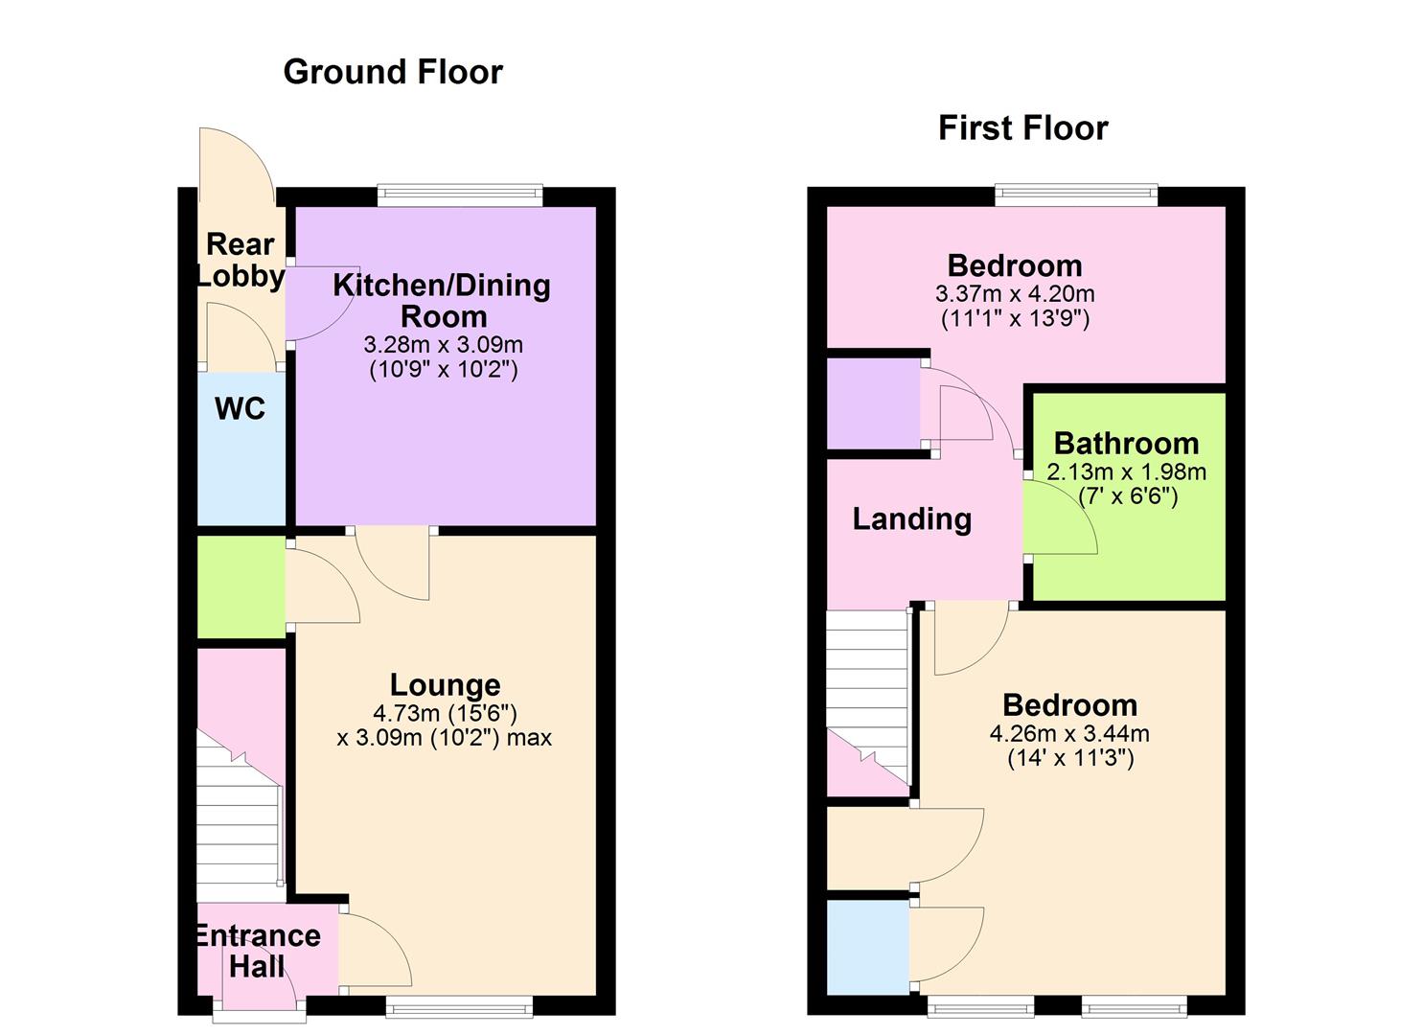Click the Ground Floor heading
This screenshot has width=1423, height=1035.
click(x=393, y=72)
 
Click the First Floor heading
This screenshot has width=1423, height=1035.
click(x=1022, y=127)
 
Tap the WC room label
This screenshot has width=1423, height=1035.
click(x=240, y=409)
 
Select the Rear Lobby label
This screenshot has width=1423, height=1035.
click(x=241, y=260)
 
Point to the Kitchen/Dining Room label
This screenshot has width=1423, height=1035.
click(x=442, y=300)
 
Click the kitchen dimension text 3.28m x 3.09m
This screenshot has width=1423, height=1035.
click(x=443, y=344)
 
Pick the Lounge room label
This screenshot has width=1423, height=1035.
click(x=445, y=684)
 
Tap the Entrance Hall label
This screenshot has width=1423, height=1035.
click(x=258, y=950)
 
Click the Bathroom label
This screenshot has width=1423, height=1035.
click(x=1126, y=443)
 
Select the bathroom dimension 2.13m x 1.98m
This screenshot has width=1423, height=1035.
click(x=1126, y=471)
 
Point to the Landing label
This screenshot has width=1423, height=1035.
click(x=912, y=518)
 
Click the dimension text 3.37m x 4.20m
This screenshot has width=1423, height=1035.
click(x=1014, y=294)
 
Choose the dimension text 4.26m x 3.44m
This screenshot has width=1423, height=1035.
click(x=1069, y=734)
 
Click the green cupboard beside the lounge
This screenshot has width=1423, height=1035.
click(x=241, y=586)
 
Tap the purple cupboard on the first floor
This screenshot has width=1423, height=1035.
click(x=873, y=402)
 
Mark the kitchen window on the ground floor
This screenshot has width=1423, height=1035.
click(x=460, y=195)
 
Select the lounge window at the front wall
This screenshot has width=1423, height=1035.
click(x=459, y=1005)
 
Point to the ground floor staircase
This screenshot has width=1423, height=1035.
click(x=239, y=815)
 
